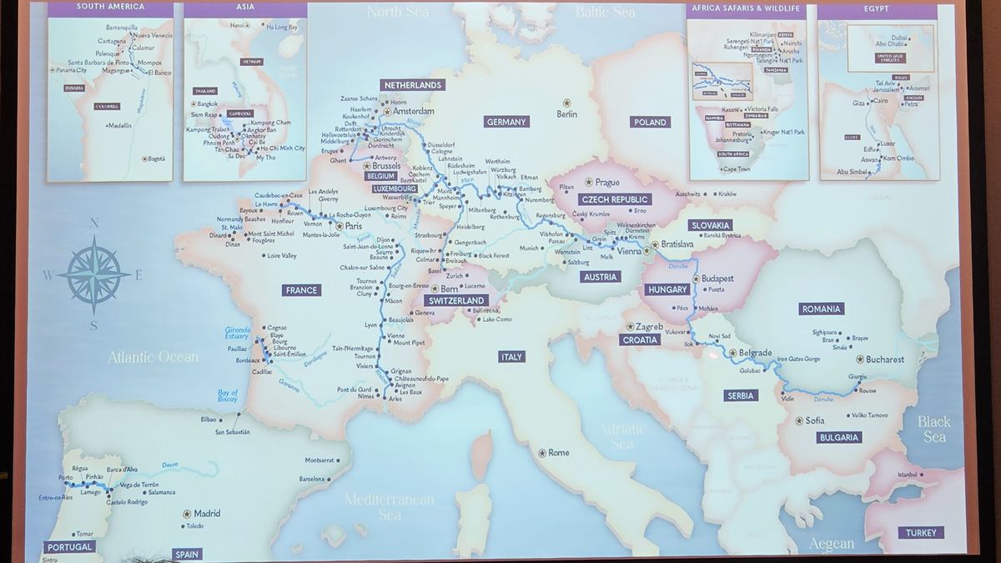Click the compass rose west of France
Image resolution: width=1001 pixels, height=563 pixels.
[93, 273]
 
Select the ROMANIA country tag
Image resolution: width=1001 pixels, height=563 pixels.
[821, 309]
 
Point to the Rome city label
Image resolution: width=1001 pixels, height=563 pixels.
[558, 453]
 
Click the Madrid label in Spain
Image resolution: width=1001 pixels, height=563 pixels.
[206, 514]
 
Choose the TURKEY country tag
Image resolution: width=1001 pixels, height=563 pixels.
[922, 532]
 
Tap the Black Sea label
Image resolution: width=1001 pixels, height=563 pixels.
[933, 429]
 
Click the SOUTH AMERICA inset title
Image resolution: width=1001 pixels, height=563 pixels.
[110, 8]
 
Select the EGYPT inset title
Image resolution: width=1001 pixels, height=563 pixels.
[877, 8]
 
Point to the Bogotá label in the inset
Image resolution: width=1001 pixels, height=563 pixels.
[155, 158]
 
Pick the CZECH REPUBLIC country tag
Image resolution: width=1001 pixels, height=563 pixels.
[615, 200]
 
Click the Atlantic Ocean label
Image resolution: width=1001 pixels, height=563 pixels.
[153, 357]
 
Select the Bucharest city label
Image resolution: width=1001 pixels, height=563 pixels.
[885, 359]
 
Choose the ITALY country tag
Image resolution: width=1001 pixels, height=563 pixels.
[511, 357]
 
